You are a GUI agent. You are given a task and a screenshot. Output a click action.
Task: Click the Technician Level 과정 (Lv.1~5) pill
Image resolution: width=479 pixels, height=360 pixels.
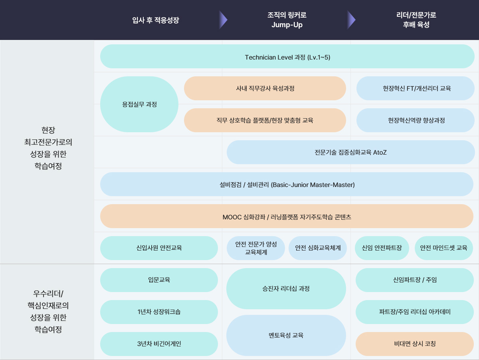pos(287,57)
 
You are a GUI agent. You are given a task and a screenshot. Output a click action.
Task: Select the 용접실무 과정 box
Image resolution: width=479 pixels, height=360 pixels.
pos(139,104)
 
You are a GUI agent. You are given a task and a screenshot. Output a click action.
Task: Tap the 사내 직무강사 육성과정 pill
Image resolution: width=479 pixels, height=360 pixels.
pos(265,88)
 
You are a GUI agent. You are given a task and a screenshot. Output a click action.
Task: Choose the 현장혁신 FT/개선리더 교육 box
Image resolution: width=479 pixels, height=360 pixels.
pos(416,88)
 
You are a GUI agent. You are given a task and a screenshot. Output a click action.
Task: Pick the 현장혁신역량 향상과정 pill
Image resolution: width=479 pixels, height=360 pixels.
pos(416,120)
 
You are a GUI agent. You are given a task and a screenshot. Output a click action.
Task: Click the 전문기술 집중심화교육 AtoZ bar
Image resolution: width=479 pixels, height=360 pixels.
pos(351,152)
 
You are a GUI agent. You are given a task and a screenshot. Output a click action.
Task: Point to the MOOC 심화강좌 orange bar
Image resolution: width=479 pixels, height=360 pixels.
pos(287,216)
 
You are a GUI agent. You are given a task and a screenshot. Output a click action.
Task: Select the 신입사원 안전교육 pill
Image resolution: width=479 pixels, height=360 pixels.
pos(159,248)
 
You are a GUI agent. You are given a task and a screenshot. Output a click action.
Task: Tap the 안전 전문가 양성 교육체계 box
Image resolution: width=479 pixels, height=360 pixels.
pos(256,248)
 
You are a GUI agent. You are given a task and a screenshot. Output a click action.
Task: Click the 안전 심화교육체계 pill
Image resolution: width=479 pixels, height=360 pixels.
pos(318,248)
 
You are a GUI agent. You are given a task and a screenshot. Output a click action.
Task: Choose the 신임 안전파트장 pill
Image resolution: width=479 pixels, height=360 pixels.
pos(382,248)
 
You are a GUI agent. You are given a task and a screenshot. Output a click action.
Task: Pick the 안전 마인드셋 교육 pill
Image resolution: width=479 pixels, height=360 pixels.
pos(443,248)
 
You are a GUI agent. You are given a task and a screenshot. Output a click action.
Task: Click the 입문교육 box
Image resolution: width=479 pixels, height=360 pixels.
pos(159,280)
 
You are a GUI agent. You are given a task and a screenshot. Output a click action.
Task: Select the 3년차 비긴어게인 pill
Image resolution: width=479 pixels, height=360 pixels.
pos(159,344)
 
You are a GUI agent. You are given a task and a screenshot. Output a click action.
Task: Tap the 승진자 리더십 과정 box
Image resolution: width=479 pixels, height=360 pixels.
pos(286,288)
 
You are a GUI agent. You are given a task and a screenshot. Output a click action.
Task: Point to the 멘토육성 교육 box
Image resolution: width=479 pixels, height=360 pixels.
pos(286,335)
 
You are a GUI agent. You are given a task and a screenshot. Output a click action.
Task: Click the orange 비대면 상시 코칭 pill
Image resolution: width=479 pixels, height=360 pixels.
pos(415,344)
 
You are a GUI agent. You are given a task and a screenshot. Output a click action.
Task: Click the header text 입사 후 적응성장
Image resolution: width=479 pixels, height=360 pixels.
pos(156,20)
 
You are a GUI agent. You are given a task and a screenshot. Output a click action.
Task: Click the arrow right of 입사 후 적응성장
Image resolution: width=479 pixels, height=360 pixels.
pos(223,20)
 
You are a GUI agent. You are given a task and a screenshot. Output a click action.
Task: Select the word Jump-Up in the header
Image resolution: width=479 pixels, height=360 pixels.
pos(287,25)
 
